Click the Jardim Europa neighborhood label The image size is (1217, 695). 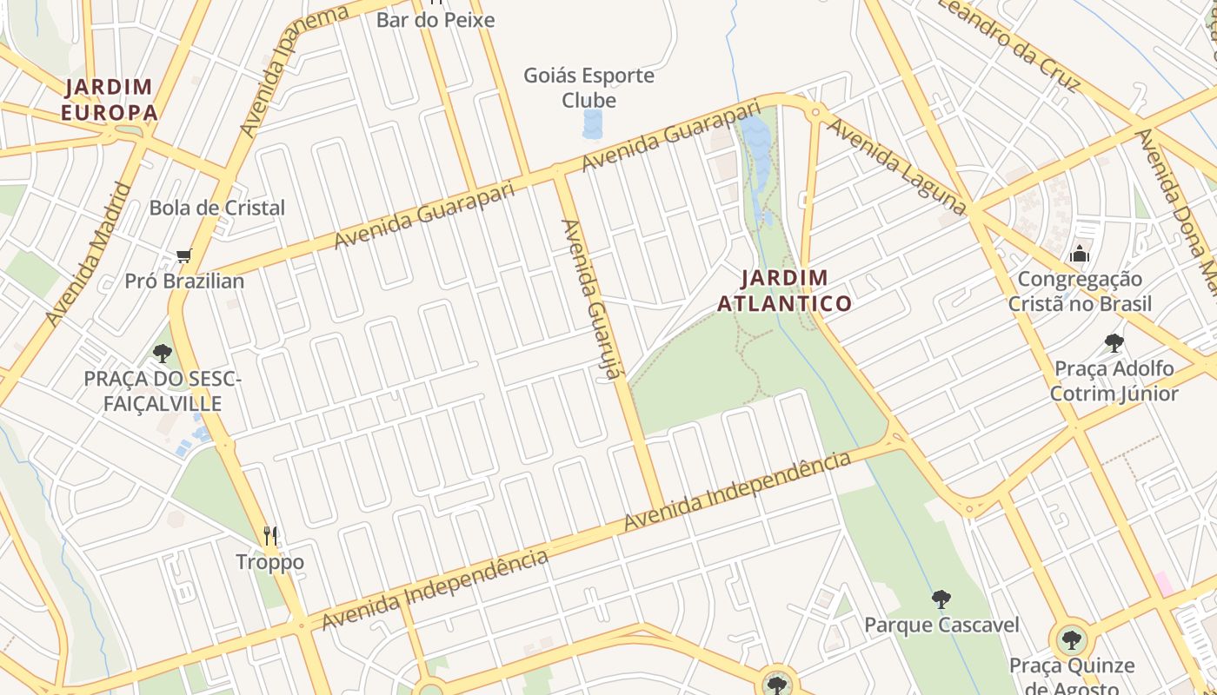coord(110,99)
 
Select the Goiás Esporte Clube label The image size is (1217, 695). coord(589,88)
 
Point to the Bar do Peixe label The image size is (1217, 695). coord(435,19)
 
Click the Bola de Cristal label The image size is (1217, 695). coord(216,208)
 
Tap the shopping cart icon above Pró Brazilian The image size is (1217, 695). coord(183,255)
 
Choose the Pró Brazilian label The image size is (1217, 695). coord(184,281)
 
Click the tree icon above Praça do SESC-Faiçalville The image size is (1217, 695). coord(162,353)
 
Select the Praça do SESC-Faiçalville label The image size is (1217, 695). coord(163,391)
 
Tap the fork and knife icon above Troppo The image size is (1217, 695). coord(270,535)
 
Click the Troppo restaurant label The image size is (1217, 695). coord(270,562)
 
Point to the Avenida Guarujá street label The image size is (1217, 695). coord(594,300)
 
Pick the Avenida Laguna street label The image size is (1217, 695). coord(895,166)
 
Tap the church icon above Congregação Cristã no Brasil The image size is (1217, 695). coord(1080,254)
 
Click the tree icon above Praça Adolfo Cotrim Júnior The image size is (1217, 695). coord(1114,343)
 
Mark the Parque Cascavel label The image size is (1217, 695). coord(941,625)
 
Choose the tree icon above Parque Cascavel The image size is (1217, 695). coord(941,599)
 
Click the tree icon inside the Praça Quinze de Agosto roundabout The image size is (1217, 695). coord(1073,641)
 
